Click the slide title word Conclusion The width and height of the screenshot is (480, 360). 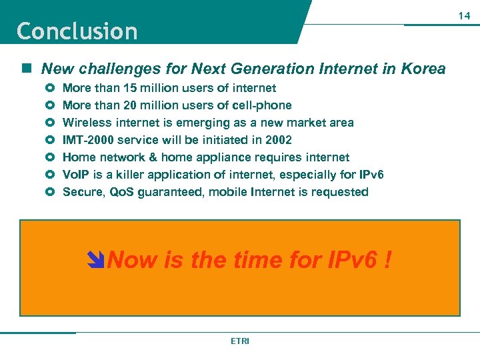[77, 31]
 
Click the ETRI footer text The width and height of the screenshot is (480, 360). [239, 341]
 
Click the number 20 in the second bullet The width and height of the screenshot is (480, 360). [121, 105]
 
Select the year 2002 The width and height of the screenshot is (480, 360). [278, 140]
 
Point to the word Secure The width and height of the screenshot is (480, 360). [82, 192]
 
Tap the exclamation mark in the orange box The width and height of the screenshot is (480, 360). [387, 259]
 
